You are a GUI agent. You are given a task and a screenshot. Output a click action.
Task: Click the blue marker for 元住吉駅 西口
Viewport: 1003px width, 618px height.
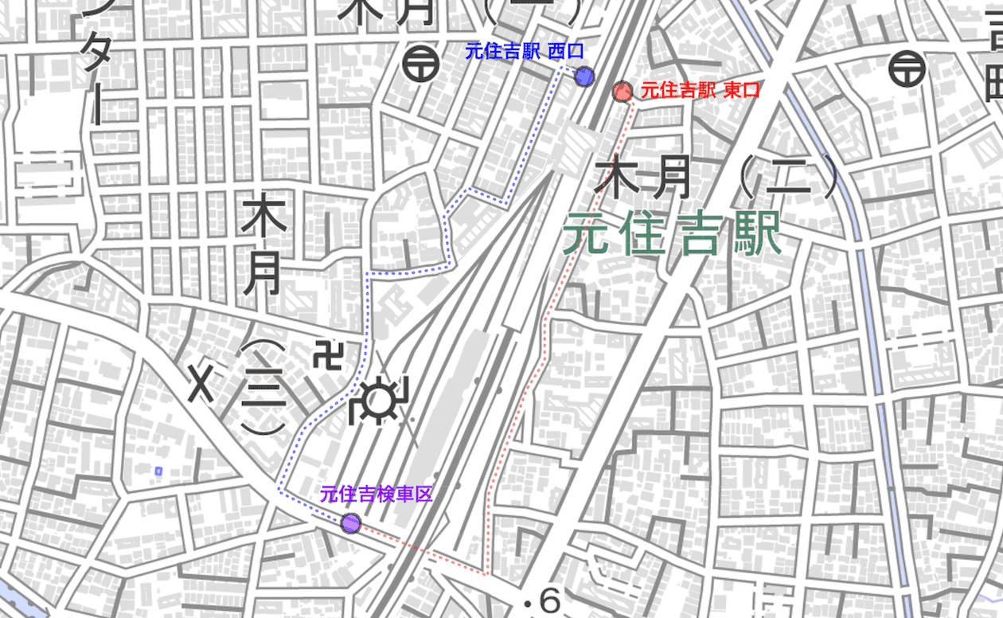pyautogui.click(x=584, y=76)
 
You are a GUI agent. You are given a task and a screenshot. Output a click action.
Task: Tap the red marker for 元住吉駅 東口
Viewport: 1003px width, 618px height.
pyautogui.click(x=622, y=92)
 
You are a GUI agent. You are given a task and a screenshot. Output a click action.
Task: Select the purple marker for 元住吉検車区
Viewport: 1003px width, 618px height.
pyautogui.click(x=350, y=523)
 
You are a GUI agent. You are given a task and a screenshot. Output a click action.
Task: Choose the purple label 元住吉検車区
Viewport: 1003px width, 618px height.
pyautogui.click(x=376, y=494)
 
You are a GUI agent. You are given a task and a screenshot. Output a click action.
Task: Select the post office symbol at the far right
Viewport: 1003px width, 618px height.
pyautogui.click(x=907, y=68)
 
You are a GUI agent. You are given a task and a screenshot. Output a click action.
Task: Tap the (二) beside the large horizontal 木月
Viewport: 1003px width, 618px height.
pyautogui.click(x=789, y=177)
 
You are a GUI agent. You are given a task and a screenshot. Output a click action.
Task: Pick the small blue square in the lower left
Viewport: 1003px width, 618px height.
pyautogui.click(x=158, y=471)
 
